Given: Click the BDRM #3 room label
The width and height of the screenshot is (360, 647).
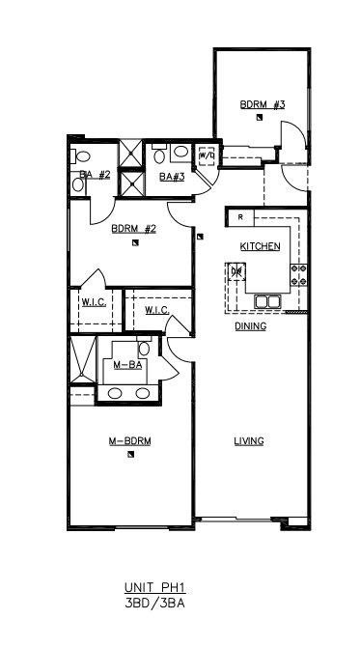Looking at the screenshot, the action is [263, 104].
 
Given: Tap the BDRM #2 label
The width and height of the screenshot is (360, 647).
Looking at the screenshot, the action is [133, 229].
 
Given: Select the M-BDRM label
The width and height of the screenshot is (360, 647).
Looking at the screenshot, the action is [129, 441].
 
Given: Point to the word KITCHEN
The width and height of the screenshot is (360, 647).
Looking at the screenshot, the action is [260, 246].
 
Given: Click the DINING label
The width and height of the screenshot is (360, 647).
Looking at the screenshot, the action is [250, 326].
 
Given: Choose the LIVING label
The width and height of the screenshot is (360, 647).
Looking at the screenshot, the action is [249, 441].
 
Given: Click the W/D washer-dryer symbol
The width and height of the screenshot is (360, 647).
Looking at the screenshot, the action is [207, 155].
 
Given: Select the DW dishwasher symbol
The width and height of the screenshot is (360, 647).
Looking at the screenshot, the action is [236, 271].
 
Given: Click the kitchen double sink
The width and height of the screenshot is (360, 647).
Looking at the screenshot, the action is [267, 301].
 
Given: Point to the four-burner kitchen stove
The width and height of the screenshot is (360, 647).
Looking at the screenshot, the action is [299, 275].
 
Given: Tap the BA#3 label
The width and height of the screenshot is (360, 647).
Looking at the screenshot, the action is [172, 177].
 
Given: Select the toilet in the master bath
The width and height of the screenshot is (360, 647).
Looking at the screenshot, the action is [144, 347].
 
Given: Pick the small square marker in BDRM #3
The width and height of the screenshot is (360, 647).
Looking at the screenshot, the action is [259, 118].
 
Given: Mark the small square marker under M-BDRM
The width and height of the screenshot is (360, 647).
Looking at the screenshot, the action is [130, 455].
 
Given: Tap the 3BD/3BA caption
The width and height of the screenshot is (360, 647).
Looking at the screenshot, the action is [155, 604].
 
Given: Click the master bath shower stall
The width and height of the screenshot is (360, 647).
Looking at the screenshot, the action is [82, 359].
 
